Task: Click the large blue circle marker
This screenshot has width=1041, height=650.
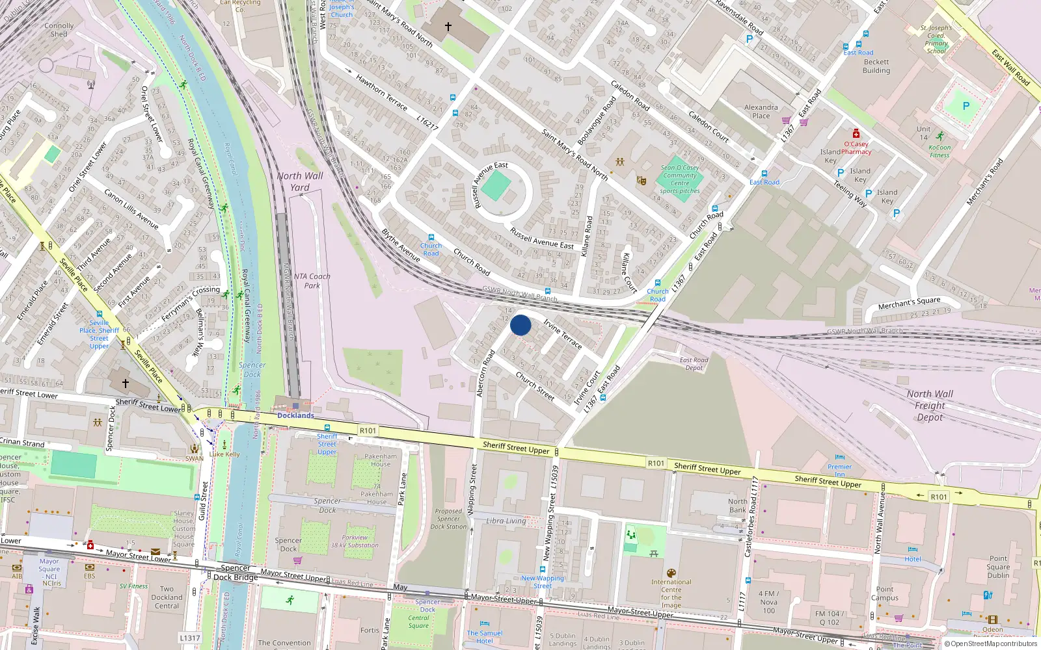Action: pos(520,325)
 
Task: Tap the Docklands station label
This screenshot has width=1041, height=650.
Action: pos(295,415)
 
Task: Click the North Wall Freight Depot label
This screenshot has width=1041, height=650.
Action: pos(930,406)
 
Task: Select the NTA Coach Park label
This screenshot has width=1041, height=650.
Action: pos(312,281)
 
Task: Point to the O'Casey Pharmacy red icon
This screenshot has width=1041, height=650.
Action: pos(856,134)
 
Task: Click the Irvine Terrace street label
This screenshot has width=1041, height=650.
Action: pos(562,334)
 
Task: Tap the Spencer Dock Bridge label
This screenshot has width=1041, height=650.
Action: pos(236,573)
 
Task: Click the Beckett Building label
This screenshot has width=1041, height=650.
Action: pos(876,66)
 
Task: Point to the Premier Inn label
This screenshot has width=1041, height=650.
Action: pos(839,469)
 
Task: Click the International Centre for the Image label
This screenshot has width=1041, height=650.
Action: pos(671,593)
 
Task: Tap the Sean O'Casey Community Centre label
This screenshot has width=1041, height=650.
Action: pos(680,179)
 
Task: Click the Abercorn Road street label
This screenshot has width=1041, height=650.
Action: pos(485,374)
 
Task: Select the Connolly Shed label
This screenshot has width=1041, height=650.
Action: pos(59,30)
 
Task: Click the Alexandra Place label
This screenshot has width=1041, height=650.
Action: pos(761,111)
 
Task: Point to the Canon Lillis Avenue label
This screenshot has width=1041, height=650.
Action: pos(131,209)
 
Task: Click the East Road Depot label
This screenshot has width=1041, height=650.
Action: pos(694,363)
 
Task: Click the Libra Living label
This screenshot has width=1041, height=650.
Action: pos(506,521)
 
